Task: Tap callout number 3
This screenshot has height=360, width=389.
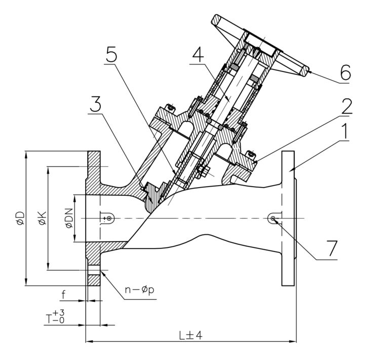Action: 96,104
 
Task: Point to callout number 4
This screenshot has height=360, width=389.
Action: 198,55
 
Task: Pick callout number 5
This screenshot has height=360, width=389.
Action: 111,55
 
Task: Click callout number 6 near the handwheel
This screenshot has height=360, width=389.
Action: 345,73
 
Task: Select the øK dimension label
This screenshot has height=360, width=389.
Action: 43,218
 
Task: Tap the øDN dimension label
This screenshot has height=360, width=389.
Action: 69,218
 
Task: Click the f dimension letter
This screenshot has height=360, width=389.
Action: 64,295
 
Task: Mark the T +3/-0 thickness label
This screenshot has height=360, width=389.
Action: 55,316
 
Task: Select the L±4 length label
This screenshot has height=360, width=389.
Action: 191,336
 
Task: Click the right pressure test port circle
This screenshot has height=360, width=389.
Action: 273,218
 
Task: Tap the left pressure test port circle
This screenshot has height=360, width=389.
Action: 109,218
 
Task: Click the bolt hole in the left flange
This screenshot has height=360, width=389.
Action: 94,270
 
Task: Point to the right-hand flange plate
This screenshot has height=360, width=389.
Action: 288,218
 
